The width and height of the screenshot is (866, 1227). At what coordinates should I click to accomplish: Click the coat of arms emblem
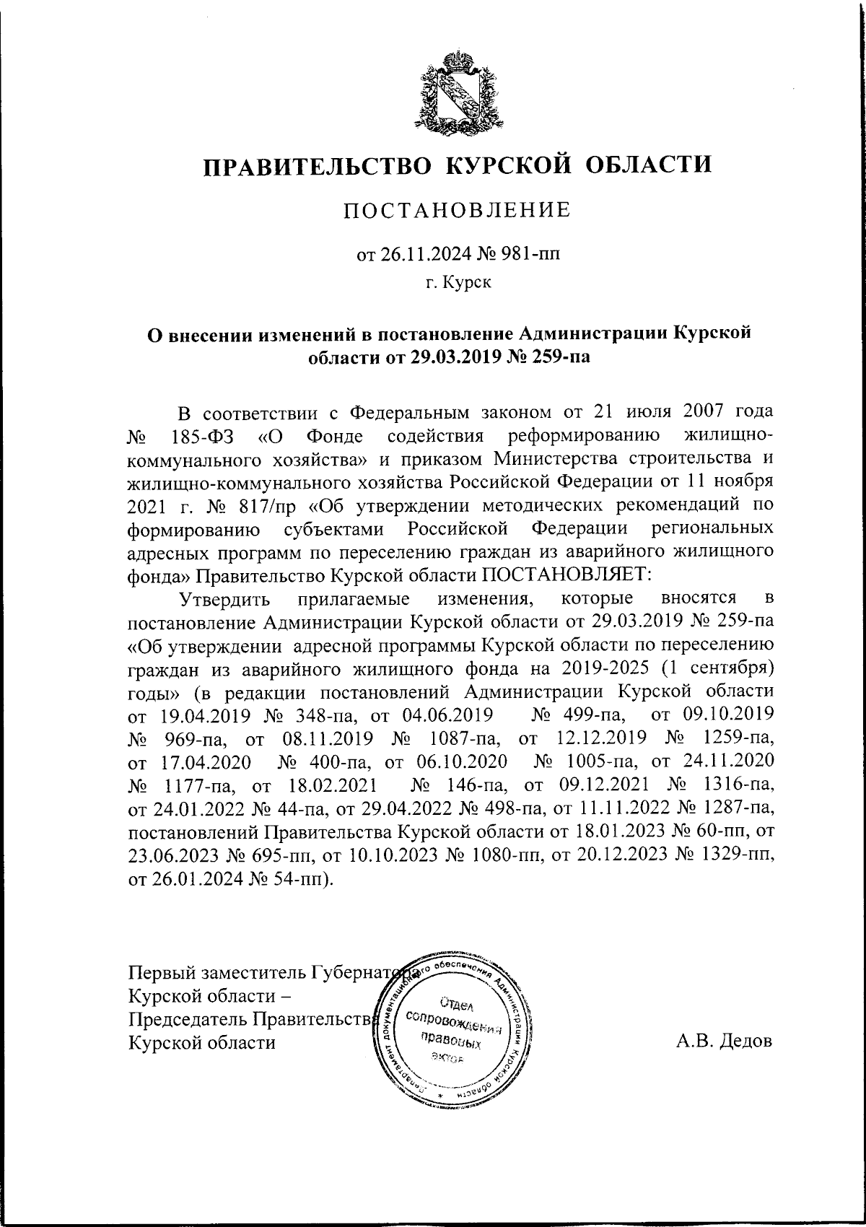click(457, 93)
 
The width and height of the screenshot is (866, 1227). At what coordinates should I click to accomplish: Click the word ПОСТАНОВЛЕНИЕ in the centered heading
click(456, 210)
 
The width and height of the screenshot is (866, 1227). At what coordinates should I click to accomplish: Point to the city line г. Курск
click(457, 282)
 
